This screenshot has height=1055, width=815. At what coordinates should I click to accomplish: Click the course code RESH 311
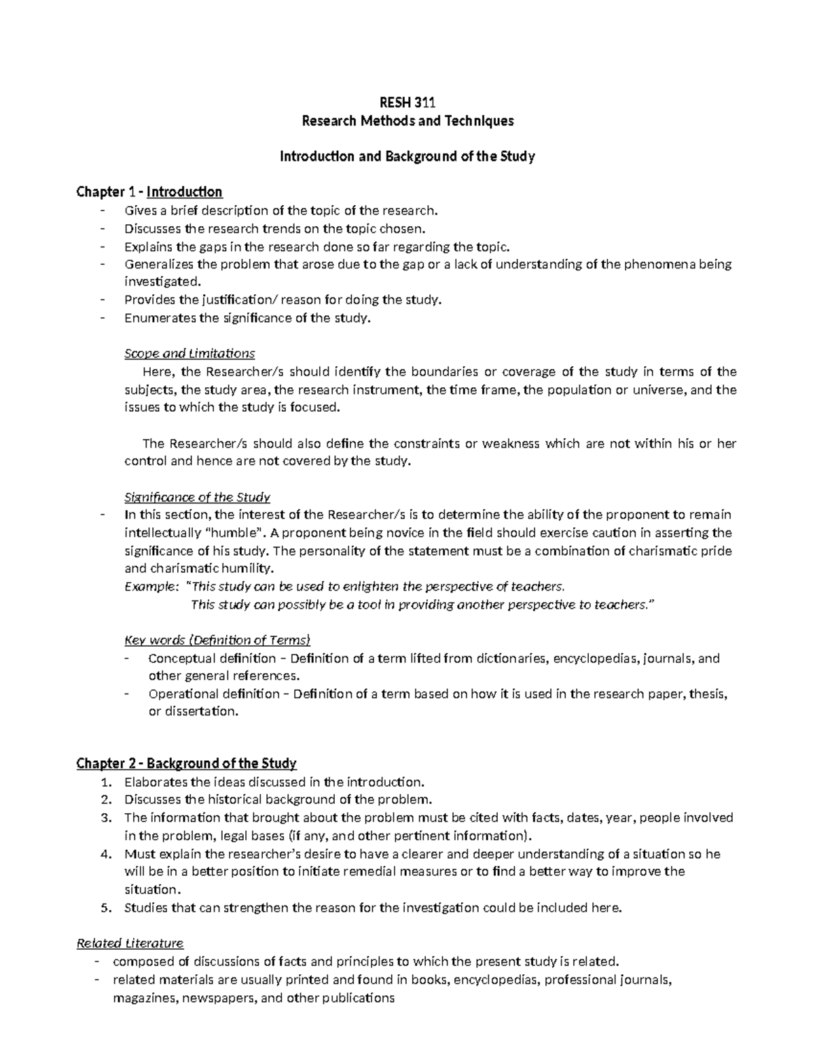pos(407,103)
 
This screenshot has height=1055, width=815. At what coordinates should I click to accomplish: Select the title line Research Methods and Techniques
pos(407,121)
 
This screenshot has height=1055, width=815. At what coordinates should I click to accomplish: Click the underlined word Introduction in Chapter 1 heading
pos(184,192)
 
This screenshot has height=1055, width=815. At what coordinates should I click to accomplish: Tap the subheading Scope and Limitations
pos(189,353)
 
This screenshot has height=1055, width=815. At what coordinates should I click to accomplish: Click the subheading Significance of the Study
pos(197,497)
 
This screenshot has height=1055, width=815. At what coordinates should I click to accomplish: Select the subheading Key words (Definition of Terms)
pos(217,640)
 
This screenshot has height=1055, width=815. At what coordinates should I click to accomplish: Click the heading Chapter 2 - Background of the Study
pos(186,763)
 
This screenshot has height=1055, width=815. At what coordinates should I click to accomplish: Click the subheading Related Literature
pos(130,944)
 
